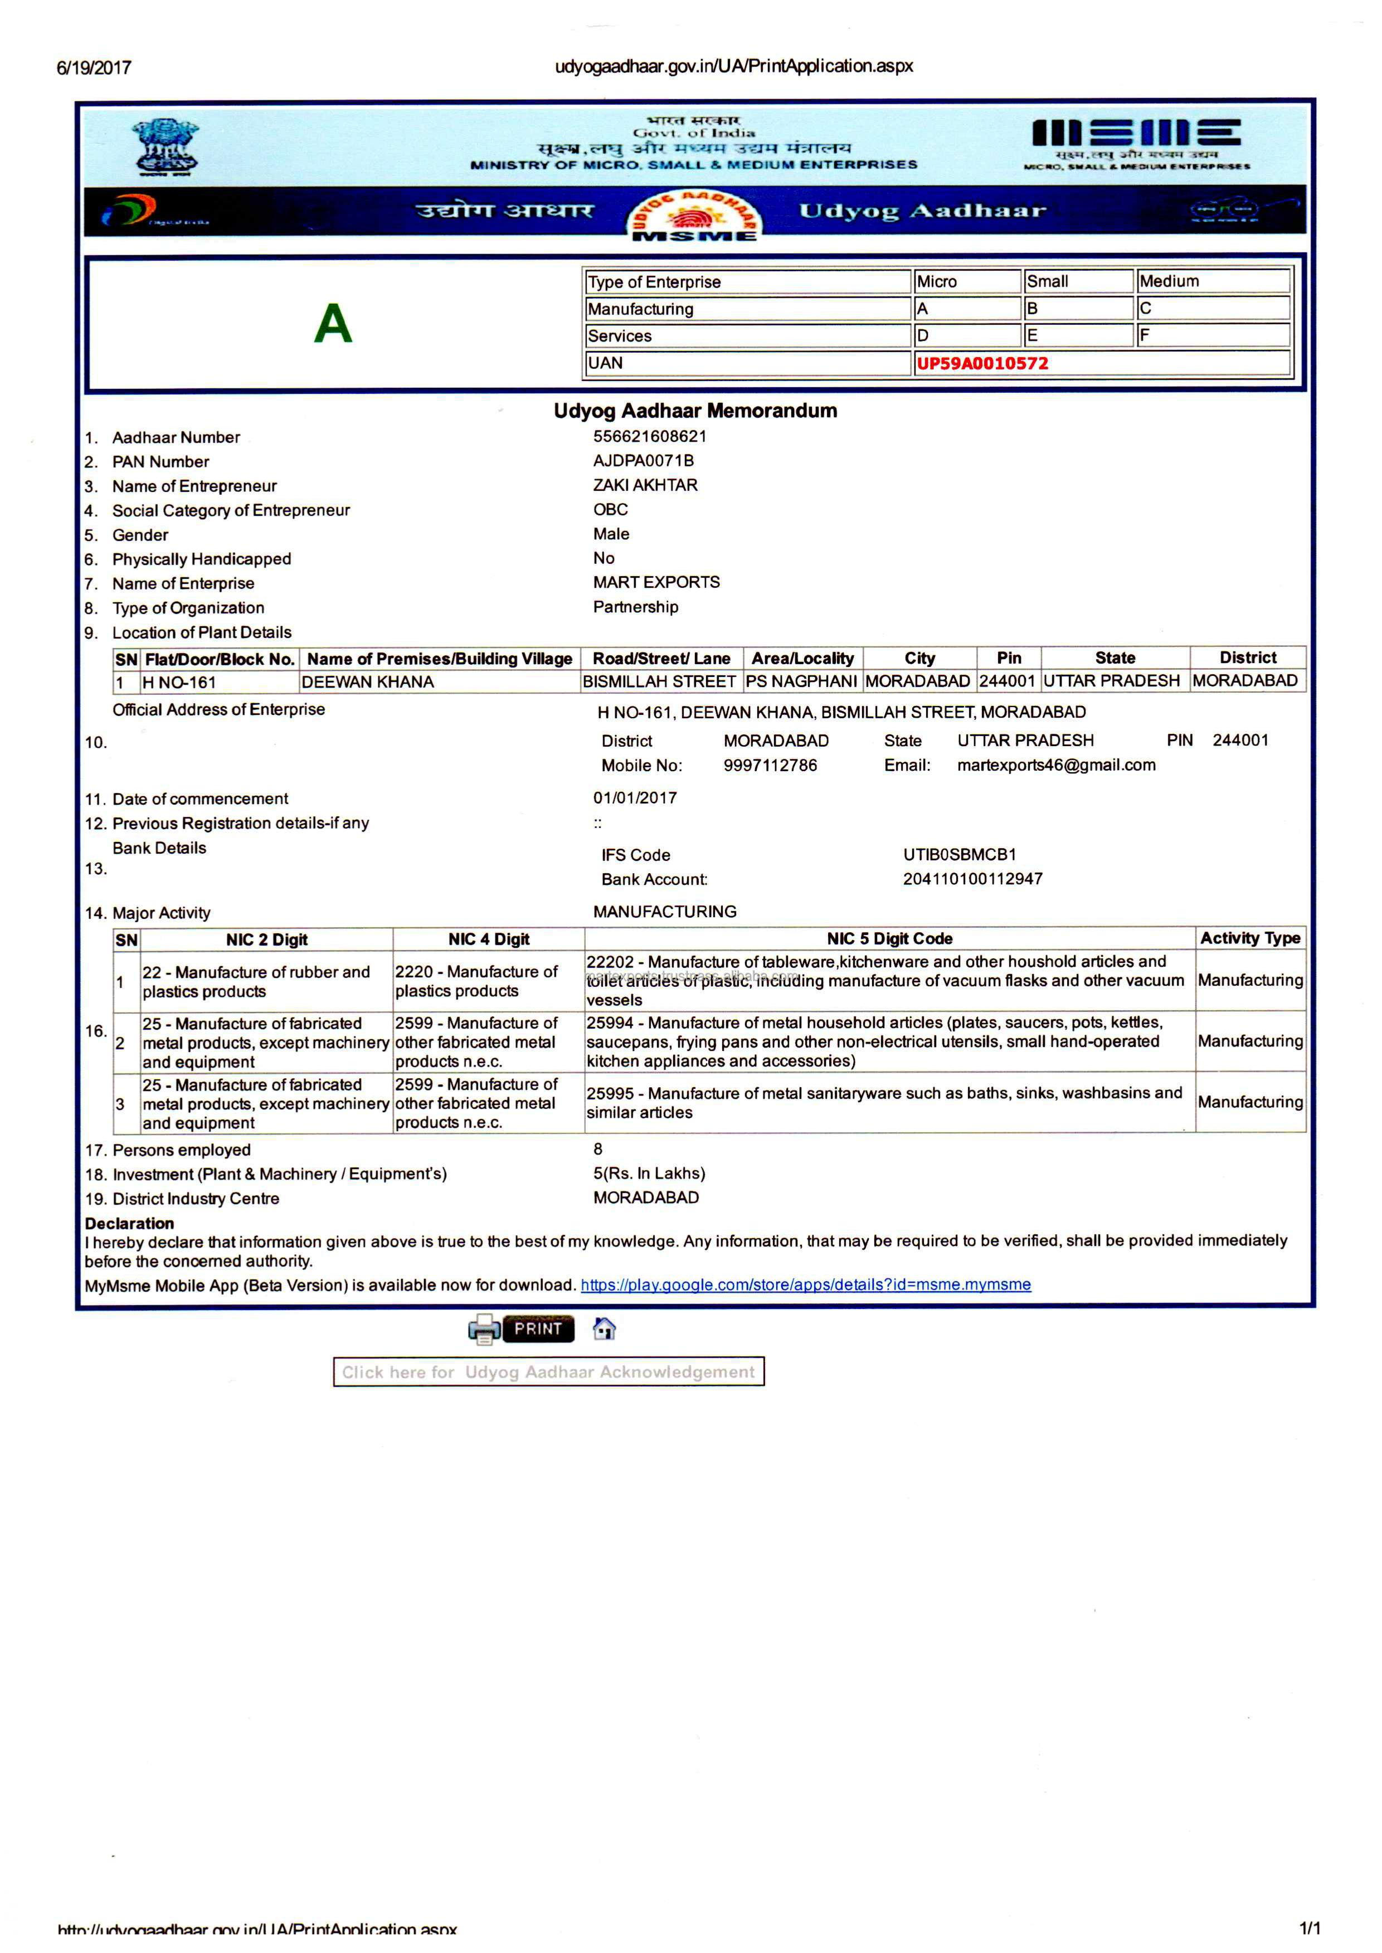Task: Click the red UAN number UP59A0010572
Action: [981, 363]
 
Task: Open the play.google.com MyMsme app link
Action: [805, 1284]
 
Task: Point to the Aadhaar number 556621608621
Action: [649, 436]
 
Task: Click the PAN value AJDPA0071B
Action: [643, 460]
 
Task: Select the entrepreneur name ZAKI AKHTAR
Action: [645, 485]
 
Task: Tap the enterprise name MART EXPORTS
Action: [656, 582]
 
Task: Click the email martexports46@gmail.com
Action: [1056, 765]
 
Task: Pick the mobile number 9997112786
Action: [770, 765]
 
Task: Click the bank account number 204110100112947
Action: [972, 879]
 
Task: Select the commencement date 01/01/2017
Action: [635, 798]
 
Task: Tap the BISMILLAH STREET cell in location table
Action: [659, 681]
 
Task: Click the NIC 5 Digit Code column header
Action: [889, 939]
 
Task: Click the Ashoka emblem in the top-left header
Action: [167, 147]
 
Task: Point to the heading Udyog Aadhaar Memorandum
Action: [695, 411]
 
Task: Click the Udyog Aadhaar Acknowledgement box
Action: [548, 1372]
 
